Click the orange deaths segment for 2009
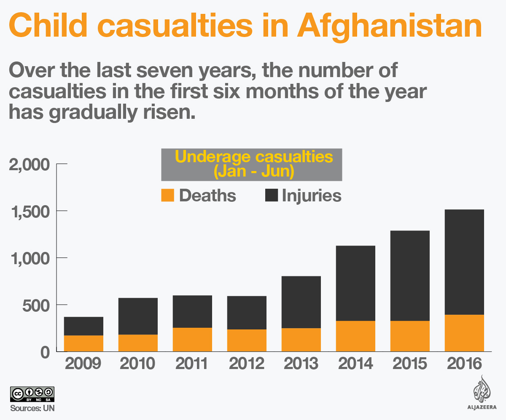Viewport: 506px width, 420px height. click(x=83, y=343)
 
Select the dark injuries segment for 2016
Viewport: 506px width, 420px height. click(x=464, y=262)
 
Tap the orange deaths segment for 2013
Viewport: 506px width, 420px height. click(x=301, y=339)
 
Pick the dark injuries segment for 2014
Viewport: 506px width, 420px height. click(x=355, y=283)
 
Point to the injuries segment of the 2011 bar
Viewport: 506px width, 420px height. click(x=192, y=311)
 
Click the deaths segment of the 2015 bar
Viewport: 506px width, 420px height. click(x=410, y=336)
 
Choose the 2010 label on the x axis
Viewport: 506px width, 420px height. click(x=137, y=364)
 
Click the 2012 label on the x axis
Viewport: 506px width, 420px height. click(x=247, y=364)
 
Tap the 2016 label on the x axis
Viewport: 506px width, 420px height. click(x=464, y=364)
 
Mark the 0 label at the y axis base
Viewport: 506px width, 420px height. click(x=46, y=352)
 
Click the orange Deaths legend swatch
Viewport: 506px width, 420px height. click(x=167, y=195)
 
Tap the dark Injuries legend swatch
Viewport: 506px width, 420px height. click(x=272, y=195)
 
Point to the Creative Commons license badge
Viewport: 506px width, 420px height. click(x=32, y=393)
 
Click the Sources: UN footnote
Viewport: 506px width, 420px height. click(x=32, y=408)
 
